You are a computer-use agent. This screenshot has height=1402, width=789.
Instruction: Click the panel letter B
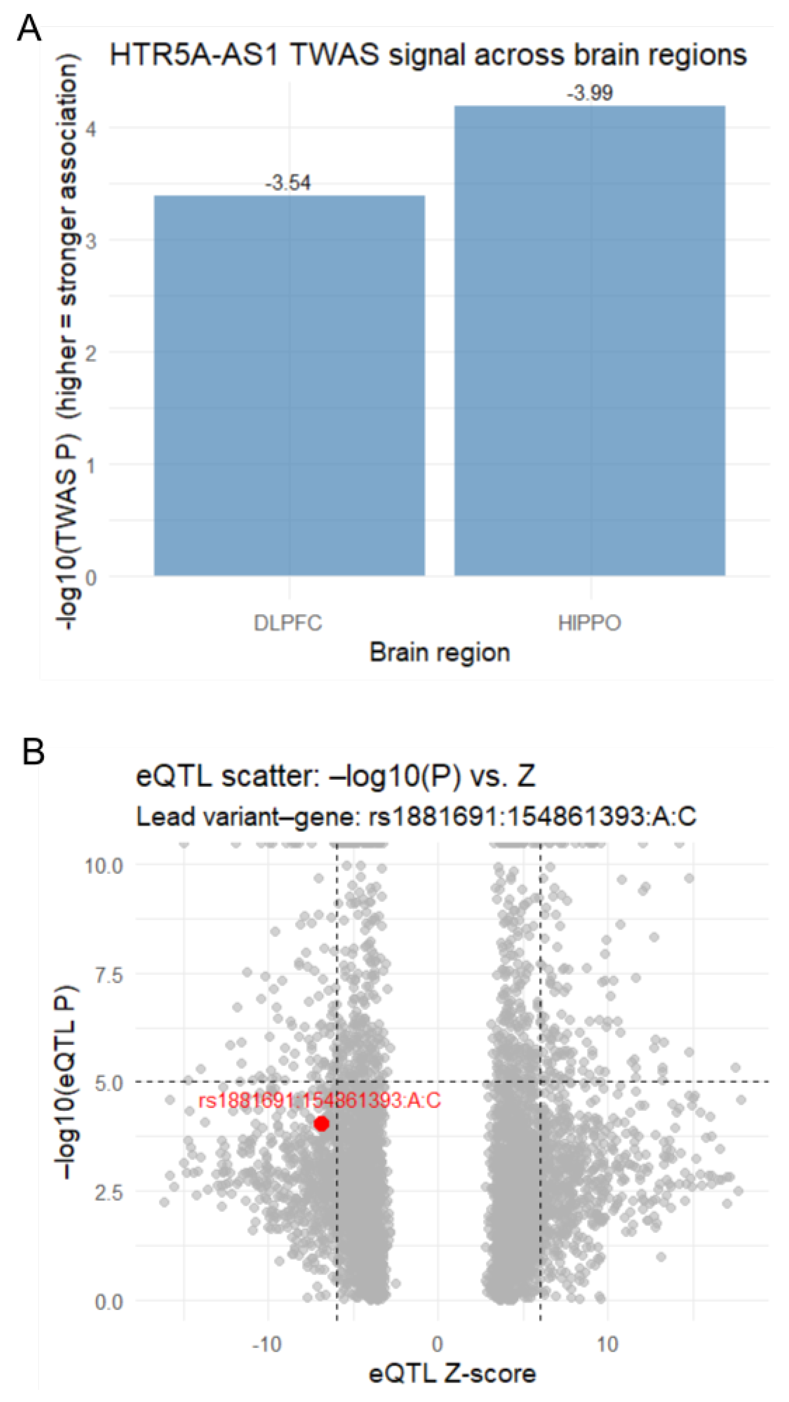(33, 752)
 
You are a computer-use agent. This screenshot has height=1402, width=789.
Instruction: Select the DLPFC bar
(289, 385)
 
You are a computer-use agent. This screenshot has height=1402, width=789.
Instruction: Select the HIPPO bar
(590, 340)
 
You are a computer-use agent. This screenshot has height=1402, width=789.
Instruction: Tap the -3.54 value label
(288, 183)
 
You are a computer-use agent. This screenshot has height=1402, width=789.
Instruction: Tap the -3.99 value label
(590, 93)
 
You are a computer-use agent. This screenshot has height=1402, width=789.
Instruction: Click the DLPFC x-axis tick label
(288, 623)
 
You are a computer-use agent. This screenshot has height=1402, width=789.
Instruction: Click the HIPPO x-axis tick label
(590, 623)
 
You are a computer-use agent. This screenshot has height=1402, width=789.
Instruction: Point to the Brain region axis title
(439, 652)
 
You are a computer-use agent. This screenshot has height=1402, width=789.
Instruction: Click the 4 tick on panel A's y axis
(90, 130)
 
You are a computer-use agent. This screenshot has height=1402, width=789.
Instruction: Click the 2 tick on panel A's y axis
(90, 353)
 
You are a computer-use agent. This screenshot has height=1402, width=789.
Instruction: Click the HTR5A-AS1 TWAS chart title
(428, 55)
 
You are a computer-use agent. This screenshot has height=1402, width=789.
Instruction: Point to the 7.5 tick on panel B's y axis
(109, 975)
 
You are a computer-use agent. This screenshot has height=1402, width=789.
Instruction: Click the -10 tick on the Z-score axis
(267, 1344)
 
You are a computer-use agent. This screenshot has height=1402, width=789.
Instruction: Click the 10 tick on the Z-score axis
(607, 1344)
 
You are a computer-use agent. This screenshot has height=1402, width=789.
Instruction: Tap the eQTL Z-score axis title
(452, 1374)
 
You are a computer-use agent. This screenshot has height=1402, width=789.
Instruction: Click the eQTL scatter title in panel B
(335, 776)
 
